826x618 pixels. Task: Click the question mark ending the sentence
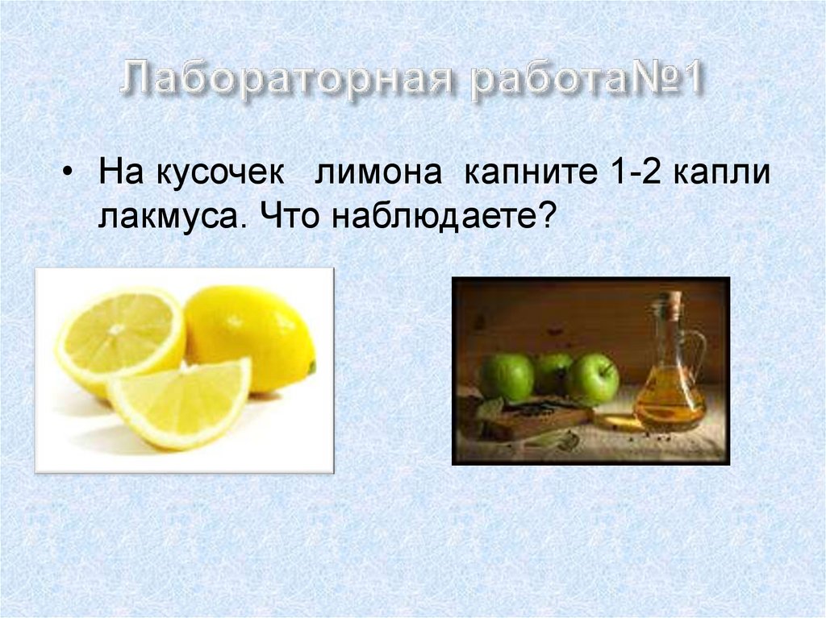tap(548, 217)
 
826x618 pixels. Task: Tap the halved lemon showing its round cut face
tap(119, 339)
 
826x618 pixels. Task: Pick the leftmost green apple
tap(507, 376)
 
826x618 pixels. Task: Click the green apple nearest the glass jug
tap(592, 379)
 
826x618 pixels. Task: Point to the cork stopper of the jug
tap(671, 305)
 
